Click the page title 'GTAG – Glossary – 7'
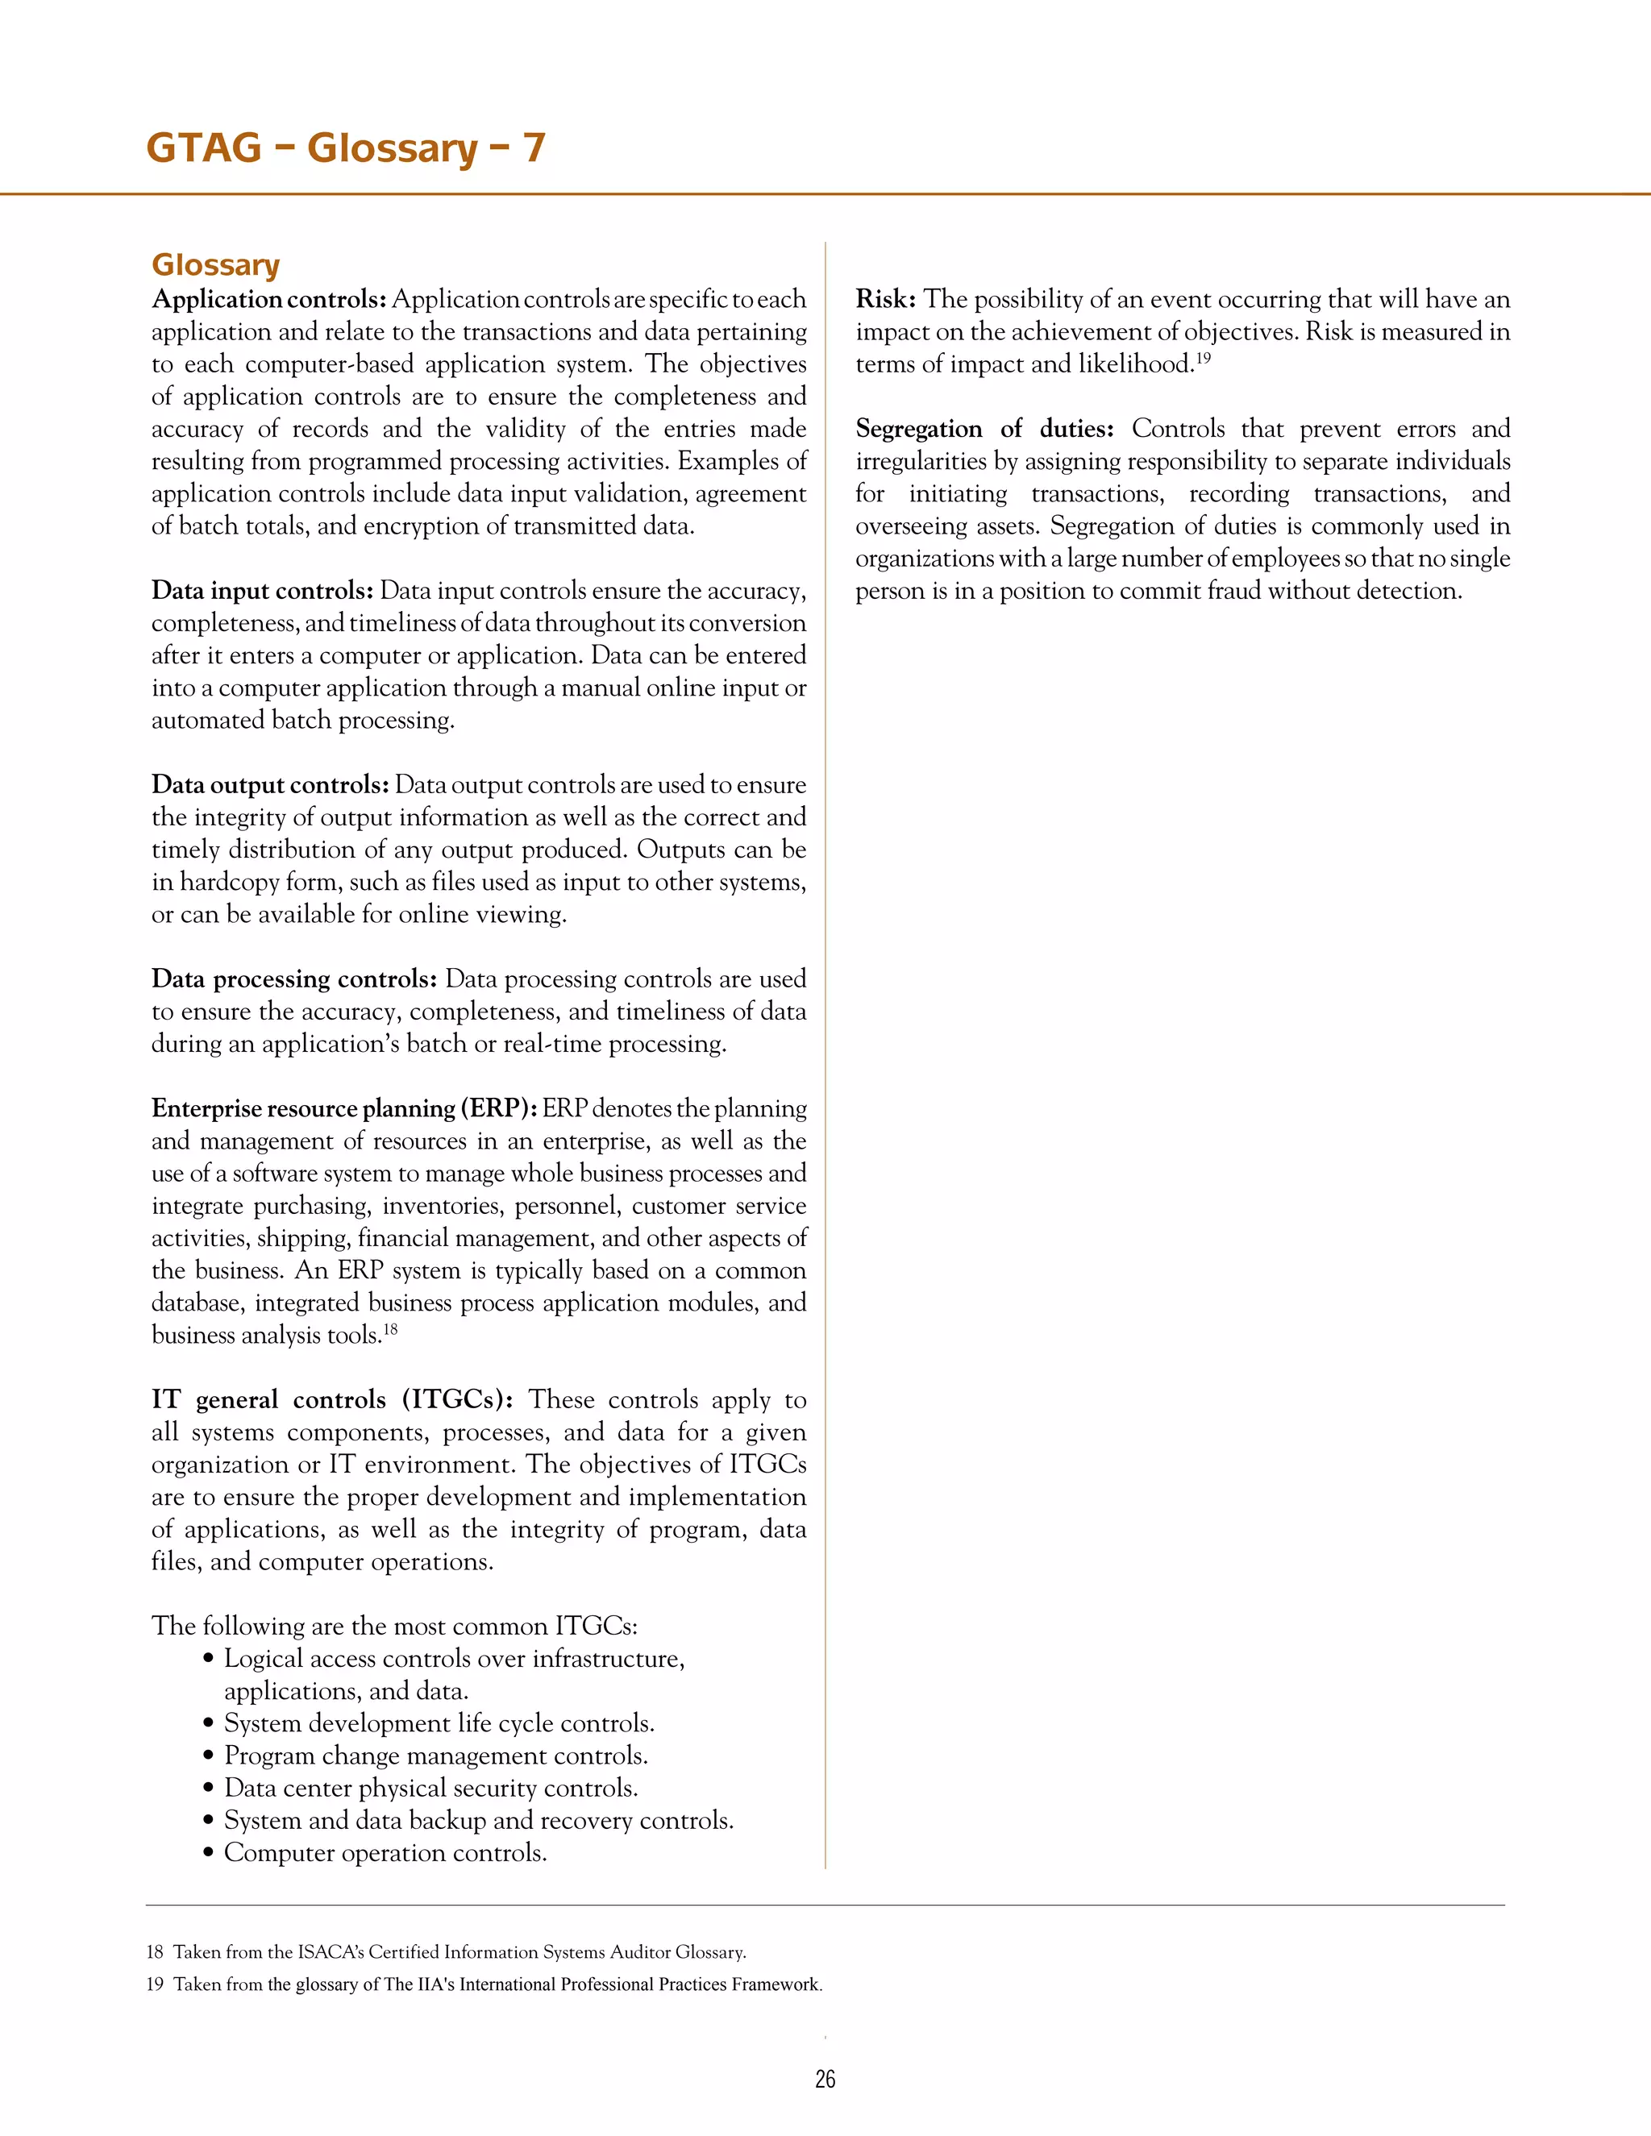(345, 148)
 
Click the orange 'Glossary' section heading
(215, 264)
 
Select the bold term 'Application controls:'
(269, 299)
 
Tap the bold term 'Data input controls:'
(262, 591)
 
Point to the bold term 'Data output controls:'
(270, 784)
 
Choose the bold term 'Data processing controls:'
(293, 979)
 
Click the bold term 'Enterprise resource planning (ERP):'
(343, 1108)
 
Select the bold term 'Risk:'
(885, 299)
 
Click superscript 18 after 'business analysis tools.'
(389, 1329)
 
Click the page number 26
(825, 2080)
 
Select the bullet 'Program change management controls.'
(435, 1756)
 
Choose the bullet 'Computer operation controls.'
(385, 1852)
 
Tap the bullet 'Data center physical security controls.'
(430, 1788)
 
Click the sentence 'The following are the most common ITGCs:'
(394, 1627)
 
